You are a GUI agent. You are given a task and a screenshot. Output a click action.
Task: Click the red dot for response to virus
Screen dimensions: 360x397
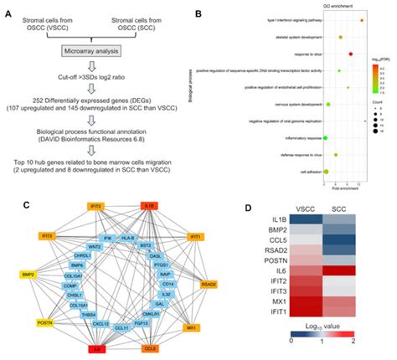[x=351, y=54]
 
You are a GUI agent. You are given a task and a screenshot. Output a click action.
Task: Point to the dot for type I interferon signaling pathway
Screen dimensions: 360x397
[x=361, y=19]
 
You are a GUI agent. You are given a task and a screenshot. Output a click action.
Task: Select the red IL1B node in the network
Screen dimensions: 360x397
[x=150, y=205]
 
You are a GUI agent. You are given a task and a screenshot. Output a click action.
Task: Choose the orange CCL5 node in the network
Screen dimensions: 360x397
[x=149, y=347]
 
